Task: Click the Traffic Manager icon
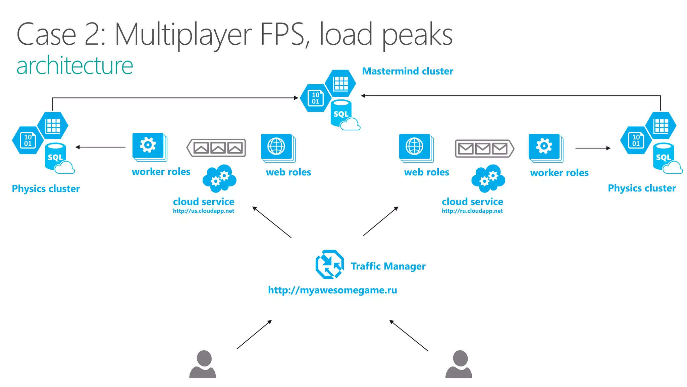point(329,264)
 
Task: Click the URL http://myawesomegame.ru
point(332,290)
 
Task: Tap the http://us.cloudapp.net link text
point(203,211)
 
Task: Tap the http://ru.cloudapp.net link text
point(472,211)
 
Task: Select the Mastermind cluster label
point(407,71)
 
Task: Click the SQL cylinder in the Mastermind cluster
point(341,114)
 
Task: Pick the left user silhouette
point(203,364)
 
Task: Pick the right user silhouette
point(459,364)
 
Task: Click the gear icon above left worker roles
point(148,145)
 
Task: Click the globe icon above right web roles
point(415,146)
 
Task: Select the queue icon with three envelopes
point(484,148)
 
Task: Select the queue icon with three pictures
point(217,148)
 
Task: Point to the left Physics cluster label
point(46,189)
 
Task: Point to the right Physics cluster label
point(642,188)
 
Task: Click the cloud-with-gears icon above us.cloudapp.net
point(219,178)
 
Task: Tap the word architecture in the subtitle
point(75,66)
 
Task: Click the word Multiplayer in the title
point(183,35)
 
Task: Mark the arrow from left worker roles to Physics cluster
point(101,147)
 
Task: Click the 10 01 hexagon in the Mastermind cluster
point(315,98)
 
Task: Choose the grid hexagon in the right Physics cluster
point(661,126)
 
